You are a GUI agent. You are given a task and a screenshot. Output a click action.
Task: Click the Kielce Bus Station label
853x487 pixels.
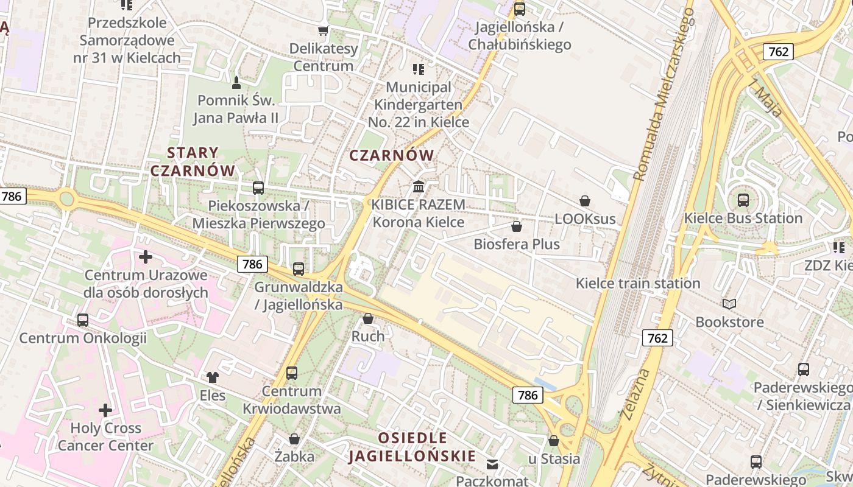pos(743,219)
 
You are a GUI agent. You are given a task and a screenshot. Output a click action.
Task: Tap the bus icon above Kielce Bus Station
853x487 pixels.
pos(743,200)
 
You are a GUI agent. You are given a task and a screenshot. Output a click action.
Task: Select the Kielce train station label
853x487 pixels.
pos(638,283)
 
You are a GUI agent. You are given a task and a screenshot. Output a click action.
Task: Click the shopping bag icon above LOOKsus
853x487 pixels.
pos(585,201)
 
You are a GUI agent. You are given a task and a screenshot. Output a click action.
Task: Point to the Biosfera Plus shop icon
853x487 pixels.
pos(517,227)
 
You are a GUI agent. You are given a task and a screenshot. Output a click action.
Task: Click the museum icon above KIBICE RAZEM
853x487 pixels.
pos(418,186)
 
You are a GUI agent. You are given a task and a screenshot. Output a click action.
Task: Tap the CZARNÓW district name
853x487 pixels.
pos(392,155)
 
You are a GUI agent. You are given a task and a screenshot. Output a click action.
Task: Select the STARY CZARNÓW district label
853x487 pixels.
pos(193,161)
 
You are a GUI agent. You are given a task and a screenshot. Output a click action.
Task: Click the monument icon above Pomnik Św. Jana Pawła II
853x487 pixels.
pos(236,82)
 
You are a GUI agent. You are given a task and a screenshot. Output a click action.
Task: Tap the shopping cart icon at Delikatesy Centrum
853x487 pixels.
pos(323,30)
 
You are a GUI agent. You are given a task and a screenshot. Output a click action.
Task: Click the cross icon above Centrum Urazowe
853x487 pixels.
pos(145,257)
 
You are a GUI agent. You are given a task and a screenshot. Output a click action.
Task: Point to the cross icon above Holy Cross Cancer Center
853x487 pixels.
pos(105,410)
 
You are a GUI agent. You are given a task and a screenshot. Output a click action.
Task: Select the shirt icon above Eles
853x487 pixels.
pos(212,377)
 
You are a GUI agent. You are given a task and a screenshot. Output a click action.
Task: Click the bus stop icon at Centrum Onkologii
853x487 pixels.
pos(83,320)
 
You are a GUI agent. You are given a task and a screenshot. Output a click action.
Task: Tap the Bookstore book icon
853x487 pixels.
pos(729,304)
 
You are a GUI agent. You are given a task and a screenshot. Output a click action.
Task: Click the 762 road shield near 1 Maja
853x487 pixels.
pos(778,52)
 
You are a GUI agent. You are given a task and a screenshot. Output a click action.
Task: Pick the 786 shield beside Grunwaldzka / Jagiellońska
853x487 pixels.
pos(252,264)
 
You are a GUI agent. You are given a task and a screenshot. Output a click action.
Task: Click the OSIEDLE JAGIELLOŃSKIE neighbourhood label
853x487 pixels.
pos(412,447)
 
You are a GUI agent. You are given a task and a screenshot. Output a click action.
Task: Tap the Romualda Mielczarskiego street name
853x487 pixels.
pos(664,94)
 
